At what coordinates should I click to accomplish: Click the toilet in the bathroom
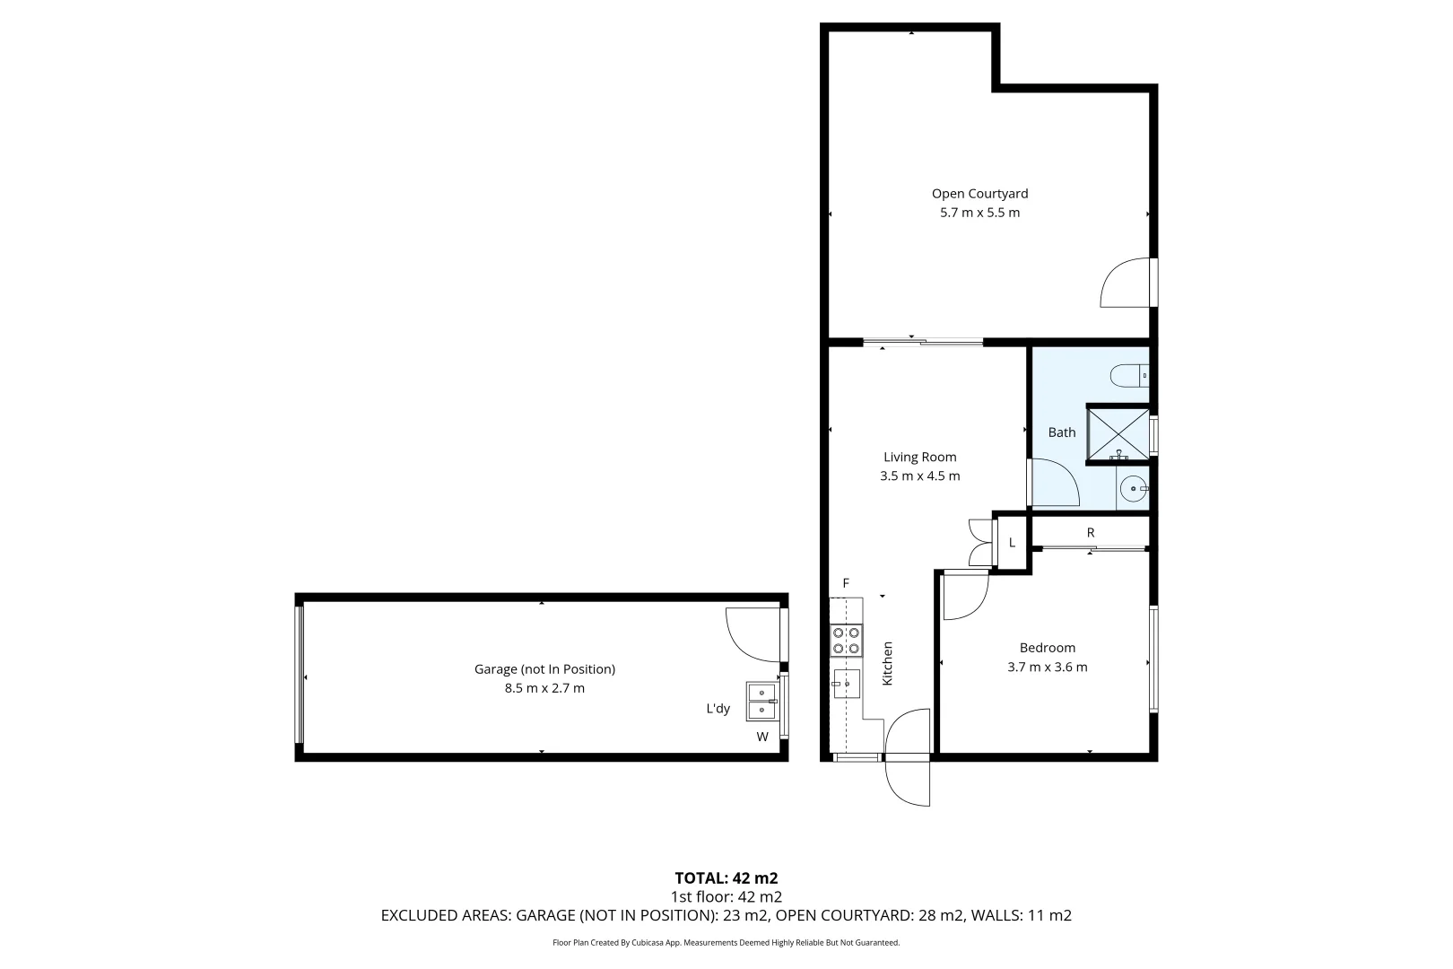[x=1128, y=374]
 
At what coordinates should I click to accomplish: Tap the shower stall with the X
[x=1118, y=433]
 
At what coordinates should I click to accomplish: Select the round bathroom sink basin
[x=1135, y=490]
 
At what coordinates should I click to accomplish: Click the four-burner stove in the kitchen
[x=846, y=640]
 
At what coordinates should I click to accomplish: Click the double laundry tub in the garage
[x=761, y=701]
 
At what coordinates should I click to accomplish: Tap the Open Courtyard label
[x=979, y=193]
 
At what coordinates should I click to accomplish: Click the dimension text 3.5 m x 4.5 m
[x=919, y=476]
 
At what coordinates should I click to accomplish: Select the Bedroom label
[x=1047, y=648]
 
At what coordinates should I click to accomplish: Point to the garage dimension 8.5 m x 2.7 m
[x=544, y=688]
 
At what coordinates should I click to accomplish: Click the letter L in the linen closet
[x=1012, y=543]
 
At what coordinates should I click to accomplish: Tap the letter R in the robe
[x=1091, y=533]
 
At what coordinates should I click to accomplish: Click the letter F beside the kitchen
[x=845, y=584]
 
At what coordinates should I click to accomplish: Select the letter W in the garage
[x=762, y=738]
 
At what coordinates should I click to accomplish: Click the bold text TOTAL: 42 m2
[x=726, y=877]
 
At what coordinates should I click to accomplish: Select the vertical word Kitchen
[x=888, y=664]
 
